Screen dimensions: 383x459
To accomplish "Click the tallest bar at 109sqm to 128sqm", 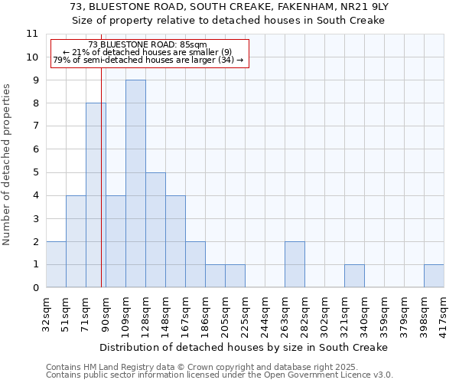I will (x=135, y=184).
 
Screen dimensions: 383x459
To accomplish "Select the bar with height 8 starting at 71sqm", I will (x=96, y=195).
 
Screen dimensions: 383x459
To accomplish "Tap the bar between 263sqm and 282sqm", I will (x=295, y=264).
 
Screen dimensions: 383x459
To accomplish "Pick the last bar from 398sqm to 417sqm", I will (x=434, y=277).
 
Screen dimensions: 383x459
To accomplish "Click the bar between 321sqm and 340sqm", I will (x=354, y=277).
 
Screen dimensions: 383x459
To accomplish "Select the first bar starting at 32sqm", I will (x=56, y=264).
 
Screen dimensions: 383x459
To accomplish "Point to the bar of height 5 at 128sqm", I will (x=155, y=230).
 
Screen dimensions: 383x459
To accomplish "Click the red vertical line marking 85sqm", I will (x=101, y=191).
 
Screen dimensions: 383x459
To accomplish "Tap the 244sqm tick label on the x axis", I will (x=265, y=312).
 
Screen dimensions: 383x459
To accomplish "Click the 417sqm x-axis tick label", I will (x=444, y=312).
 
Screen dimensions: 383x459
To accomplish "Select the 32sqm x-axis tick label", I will (x=46, y=312).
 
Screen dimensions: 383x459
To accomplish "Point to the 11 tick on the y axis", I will (x=32, y=34).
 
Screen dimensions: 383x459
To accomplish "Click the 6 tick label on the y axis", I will (x=35, y=149).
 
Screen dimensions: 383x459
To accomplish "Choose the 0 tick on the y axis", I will (x=35, y=288).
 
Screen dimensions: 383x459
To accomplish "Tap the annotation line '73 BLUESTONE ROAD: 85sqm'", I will (x=147, y=45).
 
